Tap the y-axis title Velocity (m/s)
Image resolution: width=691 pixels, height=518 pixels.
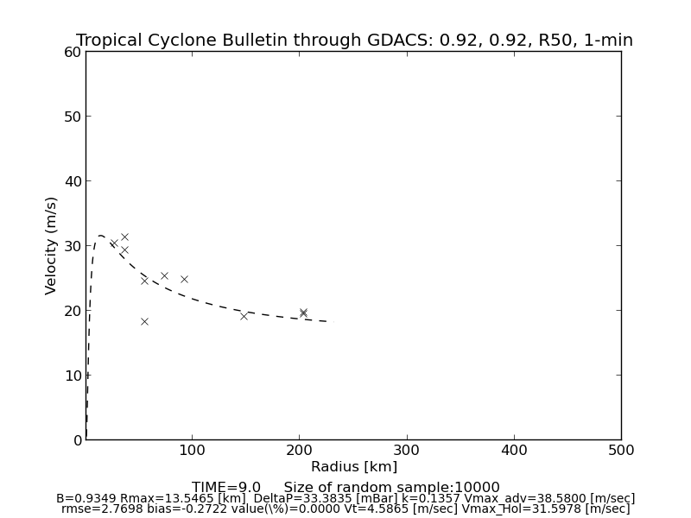pyautogui.click(x=52, y=245)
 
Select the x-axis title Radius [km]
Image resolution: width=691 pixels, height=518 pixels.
pyautogui.click(x=354, y=467)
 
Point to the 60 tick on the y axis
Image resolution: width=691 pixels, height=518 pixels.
pyautogui.click(x=73, y=52)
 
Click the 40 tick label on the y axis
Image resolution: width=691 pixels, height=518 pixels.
pyautogui.click(x=73, y=181)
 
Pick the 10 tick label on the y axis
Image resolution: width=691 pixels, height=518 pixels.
pyautogui.click(x=73, y=376)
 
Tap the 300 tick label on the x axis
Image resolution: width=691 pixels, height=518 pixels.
pyautogui.click(x=407, y=450)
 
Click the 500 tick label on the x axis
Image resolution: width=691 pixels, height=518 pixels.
pyautogui.click(x=621, y=450)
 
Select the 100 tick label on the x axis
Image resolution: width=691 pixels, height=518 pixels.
pyautogui.click(x=193, y=450)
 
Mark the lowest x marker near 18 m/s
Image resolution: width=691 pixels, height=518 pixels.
pyautogui.click(x=144, y=321)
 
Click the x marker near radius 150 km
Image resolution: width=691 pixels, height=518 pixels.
pyautogui.click(x=244, y=316)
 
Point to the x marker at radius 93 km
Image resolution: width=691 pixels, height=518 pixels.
pyautogui.click(x=184, y=279)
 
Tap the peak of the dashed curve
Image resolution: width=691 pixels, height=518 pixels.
pyautogui.click(x=101, y=235)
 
